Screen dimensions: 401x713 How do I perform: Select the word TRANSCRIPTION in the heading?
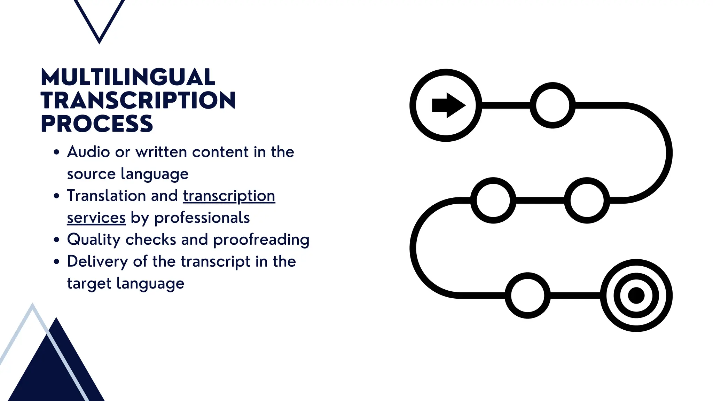(x=138, y=100)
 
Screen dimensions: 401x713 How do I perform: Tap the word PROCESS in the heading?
(x=97, y=124)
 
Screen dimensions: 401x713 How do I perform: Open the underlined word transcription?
(x=229, y=196)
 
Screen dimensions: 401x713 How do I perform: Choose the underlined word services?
(x=96, y=218)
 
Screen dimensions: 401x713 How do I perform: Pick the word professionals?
(x=202, y=218)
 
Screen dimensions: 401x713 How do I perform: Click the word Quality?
(x=94, y=240)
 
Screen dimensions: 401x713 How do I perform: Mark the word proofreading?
(x=261, y=240)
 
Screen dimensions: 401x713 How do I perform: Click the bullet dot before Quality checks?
(x=57, y=240)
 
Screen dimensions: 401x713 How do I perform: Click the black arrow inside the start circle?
(x=448, y=105)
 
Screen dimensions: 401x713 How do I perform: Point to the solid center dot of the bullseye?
(x=636, y=296)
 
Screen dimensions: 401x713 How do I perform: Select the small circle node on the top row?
(x=553, y=105)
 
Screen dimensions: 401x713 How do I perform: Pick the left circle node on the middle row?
(x=493, y=200)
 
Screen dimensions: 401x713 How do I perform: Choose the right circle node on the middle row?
(x=587, y=200)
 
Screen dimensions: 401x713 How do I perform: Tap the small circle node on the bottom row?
(x=527, y=295)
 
